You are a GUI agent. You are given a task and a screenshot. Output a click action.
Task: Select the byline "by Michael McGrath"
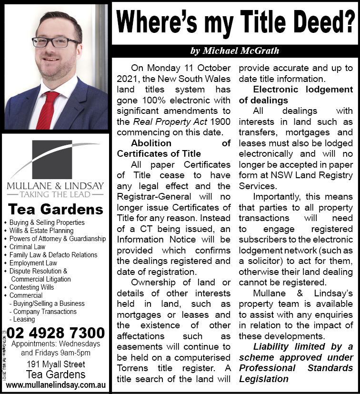(x=235, y=51)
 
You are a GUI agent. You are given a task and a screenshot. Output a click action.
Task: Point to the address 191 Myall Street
(x=55, y=364)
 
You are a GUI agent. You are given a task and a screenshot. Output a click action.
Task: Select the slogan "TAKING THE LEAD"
(x=55, y=195)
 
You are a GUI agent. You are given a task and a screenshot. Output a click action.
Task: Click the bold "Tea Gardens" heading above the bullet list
(x=55, y=210)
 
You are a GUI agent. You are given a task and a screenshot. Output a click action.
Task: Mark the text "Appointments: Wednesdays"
(x=55, y=344)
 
